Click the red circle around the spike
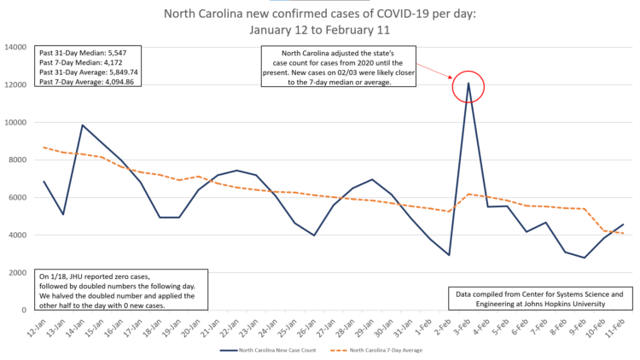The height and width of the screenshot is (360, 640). click(x=468, y=85)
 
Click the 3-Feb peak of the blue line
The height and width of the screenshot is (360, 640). click(x=468, y=83)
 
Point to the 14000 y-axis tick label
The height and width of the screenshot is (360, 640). click(x=17, y=47)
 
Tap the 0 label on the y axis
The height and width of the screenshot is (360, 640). click(x=27, y=310)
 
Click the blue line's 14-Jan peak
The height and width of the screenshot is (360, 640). click(x=83, y=125)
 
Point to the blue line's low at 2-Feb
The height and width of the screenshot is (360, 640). click(x=449, y=255)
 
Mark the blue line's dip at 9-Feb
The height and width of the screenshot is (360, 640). click(x=585, y=258)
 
